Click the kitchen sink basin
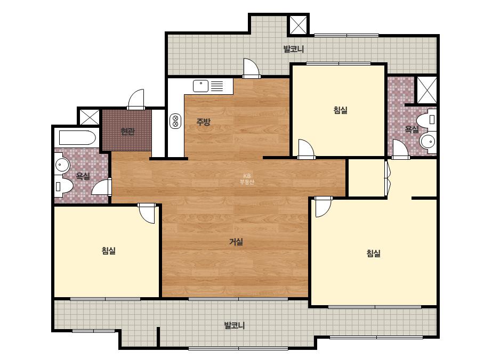[200, 86]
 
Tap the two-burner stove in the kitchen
[175, 121]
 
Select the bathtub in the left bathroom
[77, 137]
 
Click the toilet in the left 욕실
[63, 186]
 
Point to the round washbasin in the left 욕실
[62, 165]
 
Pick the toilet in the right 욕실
[427, 119]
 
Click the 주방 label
[203, 121]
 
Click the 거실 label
[236, 242]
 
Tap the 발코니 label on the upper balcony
[294, 49]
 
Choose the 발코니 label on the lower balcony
[235, 325]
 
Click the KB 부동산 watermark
[247, 179]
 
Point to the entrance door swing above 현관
[136, 99]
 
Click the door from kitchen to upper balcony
[252, 68]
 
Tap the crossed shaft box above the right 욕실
[427, 89]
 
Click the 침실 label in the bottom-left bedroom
[109, 250]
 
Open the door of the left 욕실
[102, 187]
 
